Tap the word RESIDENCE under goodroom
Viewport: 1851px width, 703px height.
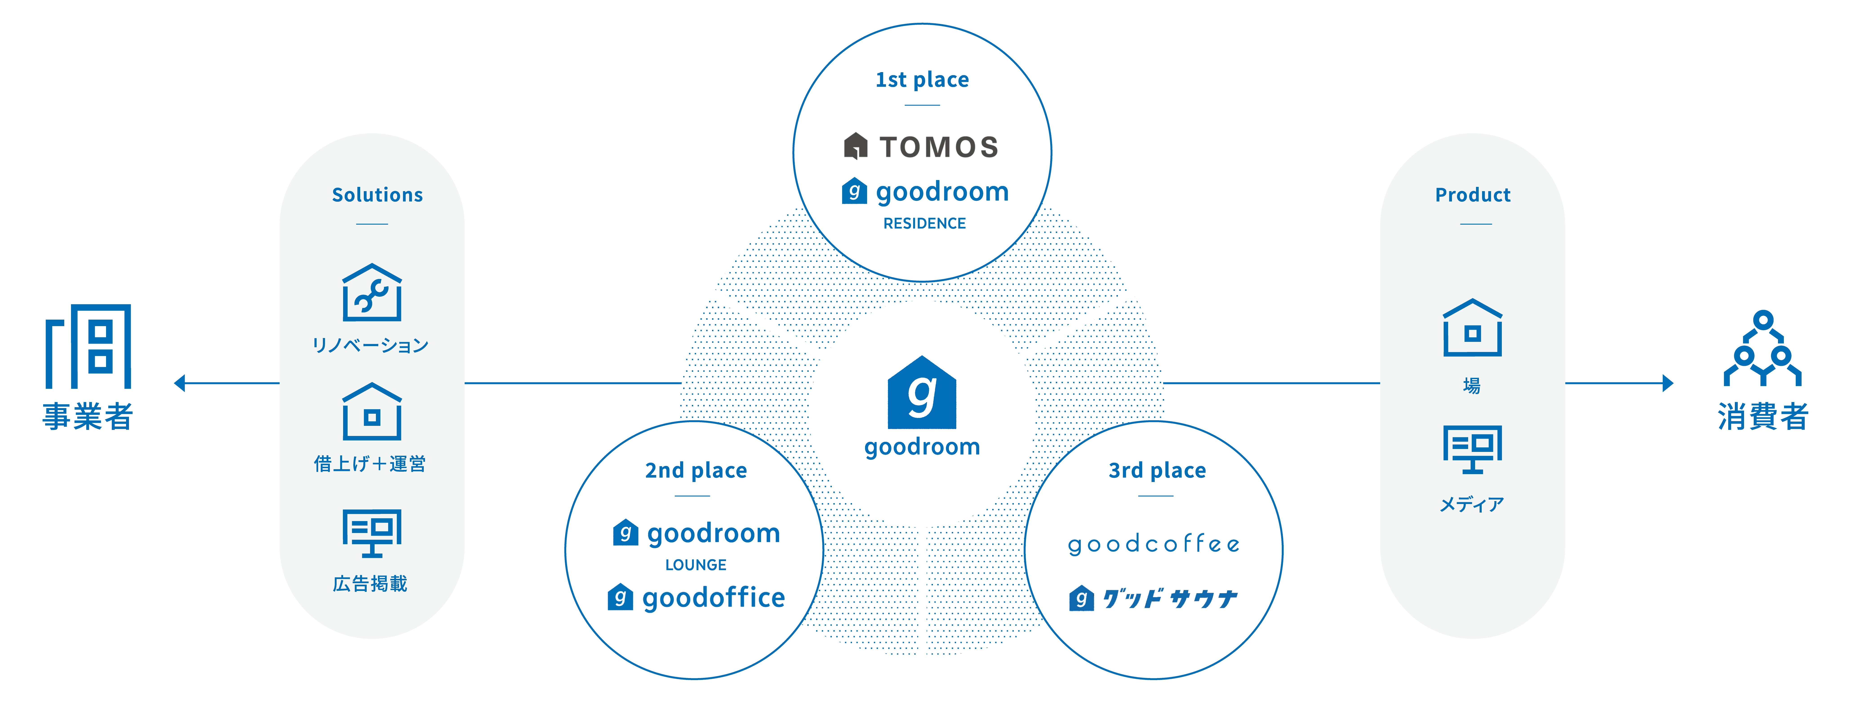coord(924,223)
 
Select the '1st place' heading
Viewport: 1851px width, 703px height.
coord(922,80)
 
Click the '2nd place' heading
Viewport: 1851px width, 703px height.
coord(696,470)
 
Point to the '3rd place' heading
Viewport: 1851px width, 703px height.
coord(1157,470)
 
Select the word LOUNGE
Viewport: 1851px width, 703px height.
coord(696,565)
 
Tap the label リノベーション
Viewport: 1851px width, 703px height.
coord(370,345)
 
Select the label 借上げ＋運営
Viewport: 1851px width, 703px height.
coord(370,464)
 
